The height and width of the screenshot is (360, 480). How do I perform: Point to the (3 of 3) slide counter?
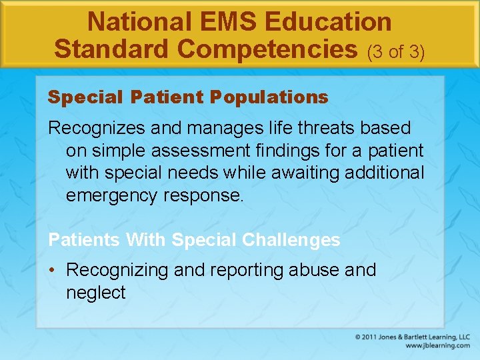(x=395, y=51)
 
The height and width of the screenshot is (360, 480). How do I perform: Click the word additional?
(x=389, y=173)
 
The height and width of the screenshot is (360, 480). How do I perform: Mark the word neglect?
(x=95, y=293)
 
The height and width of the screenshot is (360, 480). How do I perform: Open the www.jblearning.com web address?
(x=437, y=346)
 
